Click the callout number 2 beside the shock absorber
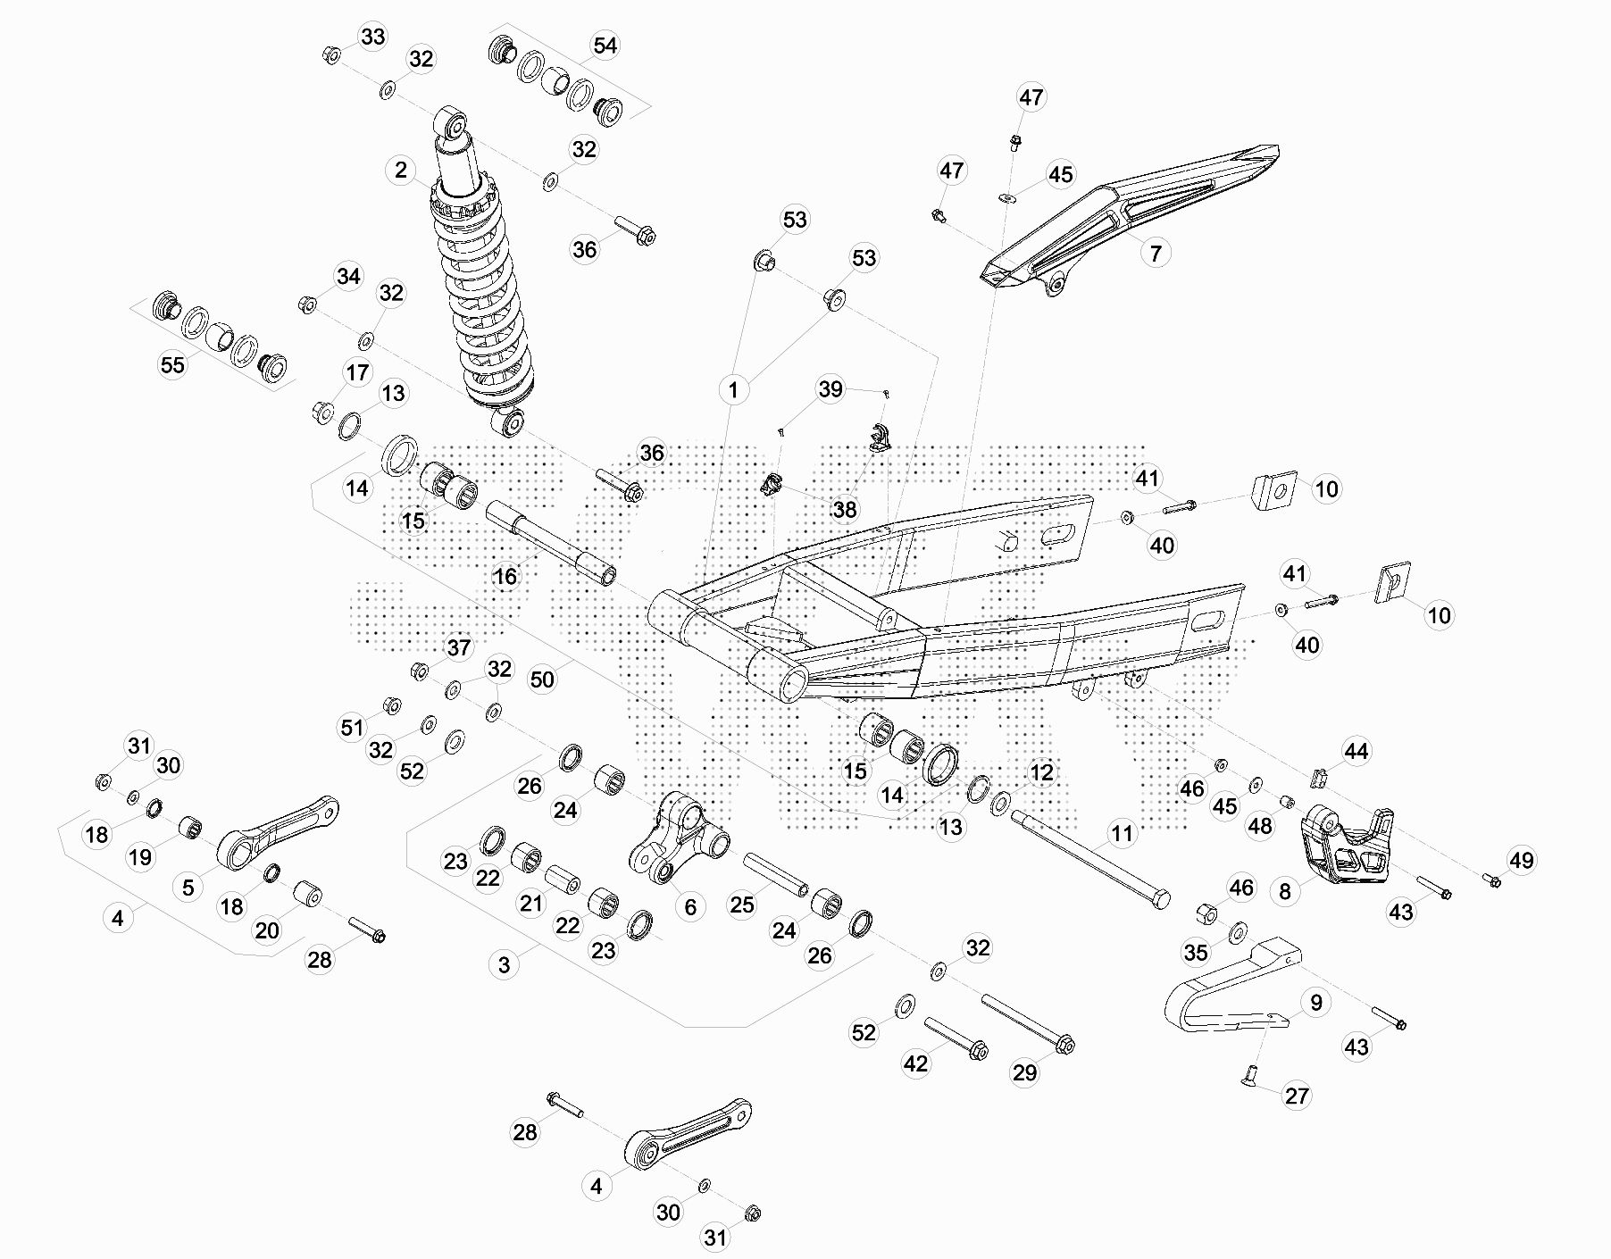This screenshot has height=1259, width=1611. (x=401, y=170)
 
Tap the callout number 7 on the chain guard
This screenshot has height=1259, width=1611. (x=1155, y=253)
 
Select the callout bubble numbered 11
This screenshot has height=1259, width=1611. (x=1121, y=834)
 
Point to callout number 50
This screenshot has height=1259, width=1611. (x=542, y=680)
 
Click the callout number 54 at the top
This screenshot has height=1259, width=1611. (x=605, y=46)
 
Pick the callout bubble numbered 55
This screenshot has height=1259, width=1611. (x=172, y=364)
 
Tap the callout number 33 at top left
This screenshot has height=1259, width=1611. (x=372, y=37)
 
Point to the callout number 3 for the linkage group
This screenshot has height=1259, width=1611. (x=505, y=964)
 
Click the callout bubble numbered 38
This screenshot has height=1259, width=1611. (x=844, y=509)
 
